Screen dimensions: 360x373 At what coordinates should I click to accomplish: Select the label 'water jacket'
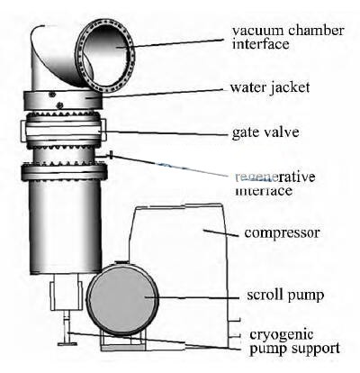pos(270,88)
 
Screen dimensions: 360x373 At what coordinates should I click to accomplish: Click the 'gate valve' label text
pos(265,132)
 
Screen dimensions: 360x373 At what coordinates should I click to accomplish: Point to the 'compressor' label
pos(282,233)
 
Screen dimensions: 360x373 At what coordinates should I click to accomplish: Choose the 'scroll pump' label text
pos(285,296)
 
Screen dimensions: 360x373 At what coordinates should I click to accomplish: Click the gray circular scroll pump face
pos(122,300)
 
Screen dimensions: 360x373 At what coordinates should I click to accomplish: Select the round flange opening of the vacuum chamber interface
pos(104,56)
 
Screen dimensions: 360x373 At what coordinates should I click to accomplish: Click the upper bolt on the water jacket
pos(53,95)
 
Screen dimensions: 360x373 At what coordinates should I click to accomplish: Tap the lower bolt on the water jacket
pos(59,105)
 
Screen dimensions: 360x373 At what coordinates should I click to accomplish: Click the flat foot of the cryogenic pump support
pos(67,344)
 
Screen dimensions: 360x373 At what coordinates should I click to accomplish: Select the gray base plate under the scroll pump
pos(123,348)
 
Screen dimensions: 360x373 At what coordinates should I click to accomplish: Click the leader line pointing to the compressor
pos(221,233)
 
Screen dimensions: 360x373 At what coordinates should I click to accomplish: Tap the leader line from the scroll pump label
pos(192,298)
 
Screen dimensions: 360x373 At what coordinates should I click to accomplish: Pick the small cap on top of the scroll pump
pos(122,262)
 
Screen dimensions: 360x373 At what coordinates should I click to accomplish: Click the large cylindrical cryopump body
pos(66,227)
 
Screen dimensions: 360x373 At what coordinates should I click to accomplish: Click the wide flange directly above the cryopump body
pos(64,173)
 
